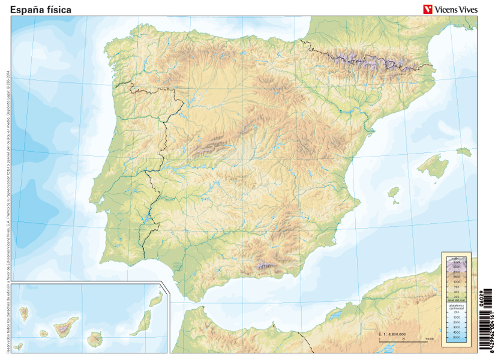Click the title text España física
coord(41,10)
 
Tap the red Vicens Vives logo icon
coord(428,9)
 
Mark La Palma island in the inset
coord(25,314)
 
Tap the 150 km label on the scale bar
coord(430,340)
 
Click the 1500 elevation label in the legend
coord(457,276)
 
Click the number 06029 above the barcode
coord(482,298)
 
